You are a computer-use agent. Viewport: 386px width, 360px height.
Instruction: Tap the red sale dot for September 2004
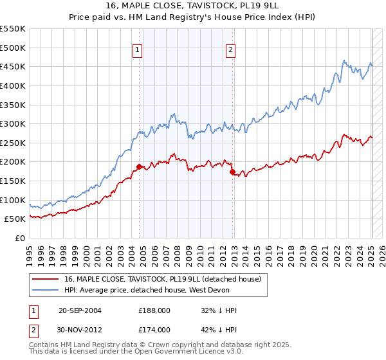point(139,166)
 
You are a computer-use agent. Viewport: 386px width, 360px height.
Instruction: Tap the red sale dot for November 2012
point(232,172)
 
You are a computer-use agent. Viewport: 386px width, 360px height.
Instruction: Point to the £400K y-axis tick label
point(13,85)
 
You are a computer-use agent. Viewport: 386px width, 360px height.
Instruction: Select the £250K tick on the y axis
point(13,143)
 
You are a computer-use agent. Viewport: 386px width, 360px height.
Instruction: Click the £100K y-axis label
point(13,200)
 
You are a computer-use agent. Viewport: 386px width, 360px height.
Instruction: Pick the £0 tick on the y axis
point(20,238)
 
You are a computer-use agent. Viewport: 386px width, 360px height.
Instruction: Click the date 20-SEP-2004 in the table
point(80,310)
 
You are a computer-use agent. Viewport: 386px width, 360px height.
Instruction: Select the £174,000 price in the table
point(154,329)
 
